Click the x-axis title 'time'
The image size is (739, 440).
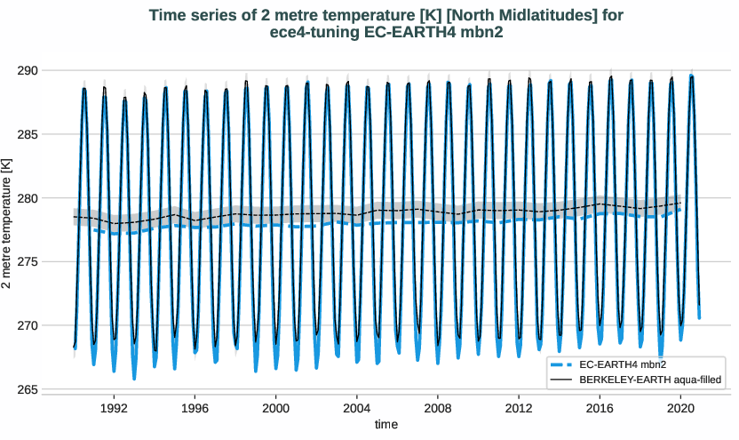click(x=386, y=425)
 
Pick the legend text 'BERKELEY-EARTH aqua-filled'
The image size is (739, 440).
click(x=648, y=380)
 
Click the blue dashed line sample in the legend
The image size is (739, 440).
click(x=560, y=364)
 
